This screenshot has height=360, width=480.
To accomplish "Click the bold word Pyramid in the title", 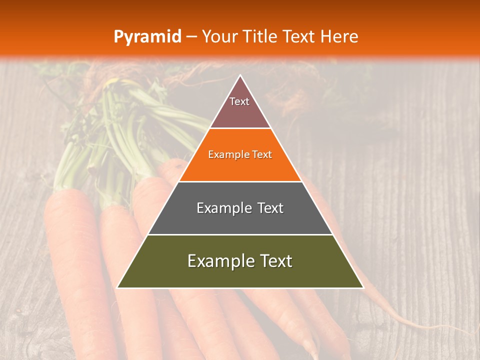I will click(x=147, y=36).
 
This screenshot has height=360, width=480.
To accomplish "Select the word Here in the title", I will click(x=339, y=36).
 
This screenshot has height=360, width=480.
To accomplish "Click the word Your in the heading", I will click(x=219, y=36).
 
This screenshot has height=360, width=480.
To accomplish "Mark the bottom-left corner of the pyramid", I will click(x=117, y=287).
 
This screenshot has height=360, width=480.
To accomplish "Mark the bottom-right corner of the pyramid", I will click(x=363, y=287).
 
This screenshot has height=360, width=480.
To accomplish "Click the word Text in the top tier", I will click(x=239, y=101).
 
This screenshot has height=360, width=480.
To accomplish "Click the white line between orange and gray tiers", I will click(x=240, y=181).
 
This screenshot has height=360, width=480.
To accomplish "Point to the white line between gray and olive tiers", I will click(x=240, y=234).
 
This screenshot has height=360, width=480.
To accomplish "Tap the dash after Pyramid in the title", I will click(x=191, y=36).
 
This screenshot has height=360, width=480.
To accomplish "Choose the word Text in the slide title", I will click(x=298, y=36).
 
